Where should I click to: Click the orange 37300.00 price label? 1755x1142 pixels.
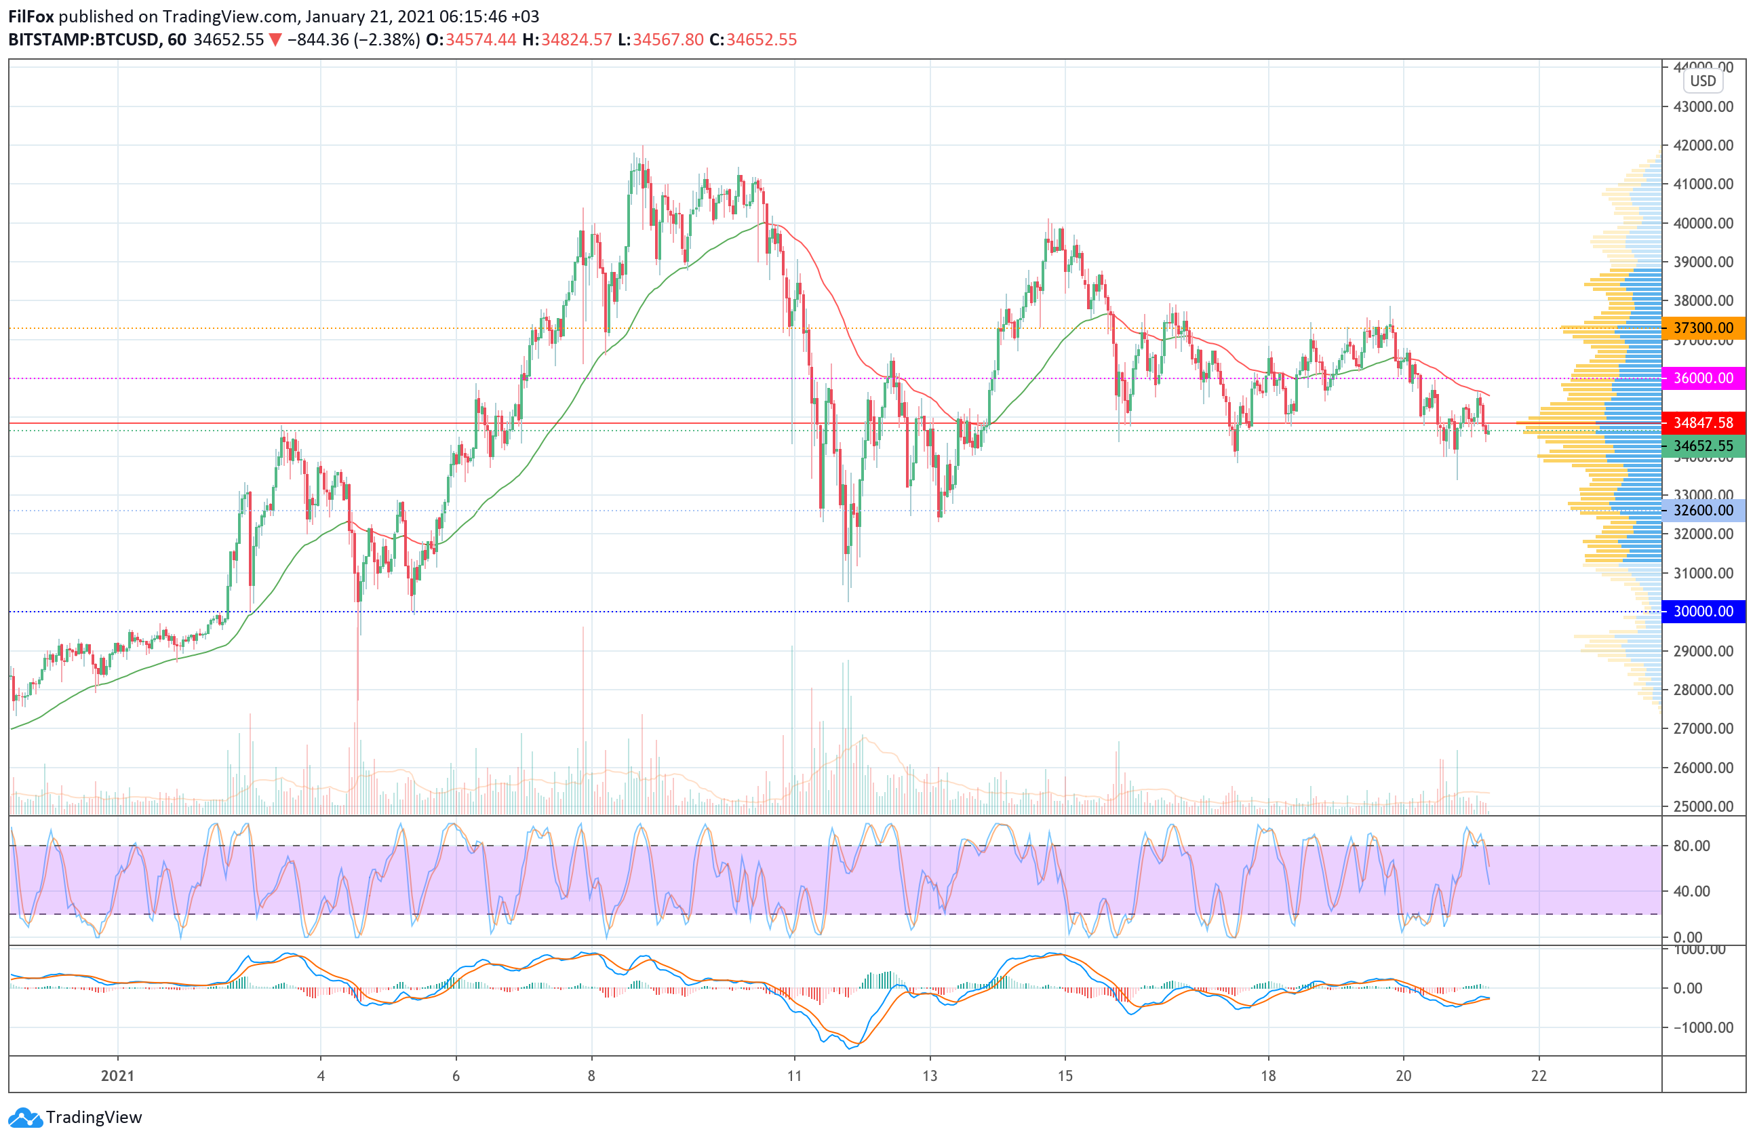1703,328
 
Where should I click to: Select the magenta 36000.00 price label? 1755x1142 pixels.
1703,378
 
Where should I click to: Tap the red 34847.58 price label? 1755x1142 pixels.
1703,422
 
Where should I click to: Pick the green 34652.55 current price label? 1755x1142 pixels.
1703,446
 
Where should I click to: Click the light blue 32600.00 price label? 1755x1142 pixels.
1703,510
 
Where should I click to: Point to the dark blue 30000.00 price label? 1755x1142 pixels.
1703,611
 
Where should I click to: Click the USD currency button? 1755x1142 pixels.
1703,81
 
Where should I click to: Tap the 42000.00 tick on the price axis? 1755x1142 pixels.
1703,145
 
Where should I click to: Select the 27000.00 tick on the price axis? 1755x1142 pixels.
1703,728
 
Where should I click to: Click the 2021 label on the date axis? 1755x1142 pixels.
118,1076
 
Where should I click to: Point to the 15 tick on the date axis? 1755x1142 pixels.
1065,1076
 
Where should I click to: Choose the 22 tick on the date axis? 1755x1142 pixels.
1538,1076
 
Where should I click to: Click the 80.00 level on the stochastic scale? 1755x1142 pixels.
1691,846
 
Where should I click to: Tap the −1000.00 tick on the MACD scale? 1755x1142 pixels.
1697,1027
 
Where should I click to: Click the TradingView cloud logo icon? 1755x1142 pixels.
25,1118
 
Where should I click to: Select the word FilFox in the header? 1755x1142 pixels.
31,16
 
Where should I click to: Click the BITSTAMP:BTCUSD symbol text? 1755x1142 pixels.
83,40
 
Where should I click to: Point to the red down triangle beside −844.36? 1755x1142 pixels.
275,40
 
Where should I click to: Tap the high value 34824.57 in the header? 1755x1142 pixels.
576,40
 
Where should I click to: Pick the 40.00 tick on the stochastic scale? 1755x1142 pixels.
1691,891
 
